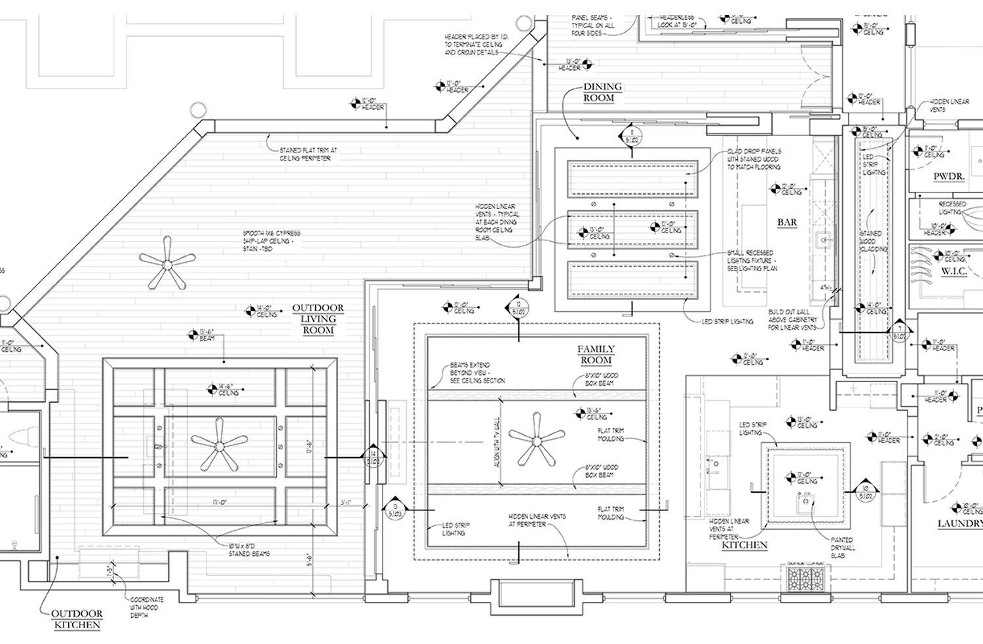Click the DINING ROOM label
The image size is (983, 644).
(602, 92)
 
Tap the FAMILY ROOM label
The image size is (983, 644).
(596, 354)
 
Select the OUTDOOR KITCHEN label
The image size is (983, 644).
(77, 619)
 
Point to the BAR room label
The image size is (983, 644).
(787, 222)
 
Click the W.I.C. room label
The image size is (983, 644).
(954, 271)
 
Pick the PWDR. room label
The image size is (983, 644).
(948, 177)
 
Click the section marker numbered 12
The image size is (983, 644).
(518, 308)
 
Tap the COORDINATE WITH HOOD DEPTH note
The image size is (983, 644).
(147, 607)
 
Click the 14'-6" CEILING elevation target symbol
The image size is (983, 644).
(212, 389)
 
